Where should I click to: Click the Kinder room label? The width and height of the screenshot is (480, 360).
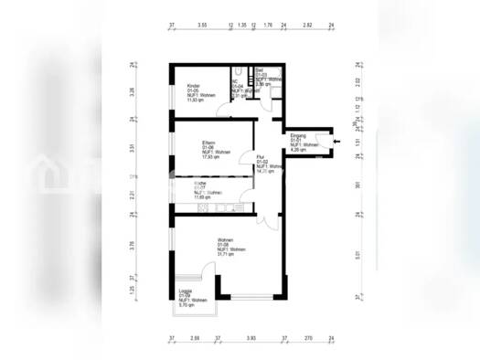(x=180, y=85)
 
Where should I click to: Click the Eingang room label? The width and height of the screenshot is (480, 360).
(x=298, y=135)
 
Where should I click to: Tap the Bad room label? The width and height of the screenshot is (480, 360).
(x=260, y=69)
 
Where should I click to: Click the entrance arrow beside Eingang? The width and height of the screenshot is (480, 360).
(x=336, y=140)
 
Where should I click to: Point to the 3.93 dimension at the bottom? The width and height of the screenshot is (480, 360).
(x=250, y=337)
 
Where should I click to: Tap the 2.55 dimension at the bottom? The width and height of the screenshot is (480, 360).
(x=194, y=337)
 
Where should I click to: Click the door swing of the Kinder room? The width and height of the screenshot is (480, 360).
(x=223, y=110)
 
